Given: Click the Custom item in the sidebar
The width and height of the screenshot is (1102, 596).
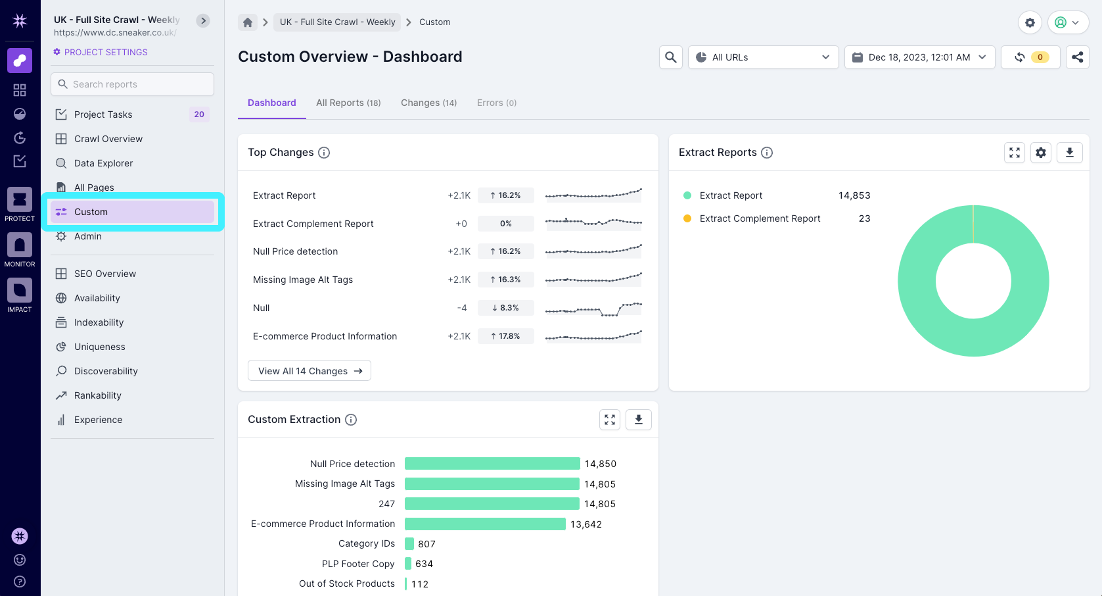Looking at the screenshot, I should point(132,212).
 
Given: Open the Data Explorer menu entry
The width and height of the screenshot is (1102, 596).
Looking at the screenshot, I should point(103,163).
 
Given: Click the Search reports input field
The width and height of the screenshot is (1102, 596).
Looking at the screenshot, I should point(132,84).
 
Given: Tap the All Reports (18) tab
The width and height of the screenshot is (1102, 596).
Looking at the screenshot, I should point(348,103).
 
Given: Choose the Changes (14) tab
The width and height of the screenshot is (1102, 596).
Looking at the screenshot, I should point(428,103).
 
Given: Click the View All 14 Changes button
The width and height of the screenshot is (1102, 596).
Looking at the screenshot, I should point(310,371).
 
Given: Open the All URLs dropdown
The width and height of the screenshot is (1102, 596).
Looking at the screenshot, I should point(763,57).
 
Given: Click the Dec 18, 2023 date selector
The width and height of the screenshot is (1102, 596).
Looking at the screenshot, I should point(919,57).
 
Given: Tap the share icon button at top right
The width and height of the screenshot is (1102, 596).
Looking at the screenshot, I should point(1077,57).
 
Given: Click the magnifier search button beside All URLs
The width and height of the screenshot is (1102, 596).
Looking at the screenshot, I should point(670,57).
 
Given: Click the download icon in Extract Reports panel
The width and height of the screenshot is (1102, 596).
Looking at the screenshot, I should point(1069,153).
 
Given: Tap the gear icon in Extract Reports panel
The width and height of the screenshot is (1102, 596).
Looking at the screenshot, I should point(1041,153).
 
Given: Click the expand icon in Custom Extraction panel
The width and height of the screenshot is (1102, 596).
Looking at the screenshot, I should point(610,420).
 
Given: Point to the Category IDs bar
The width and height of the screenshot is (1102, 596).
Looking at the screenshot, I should point(409,544).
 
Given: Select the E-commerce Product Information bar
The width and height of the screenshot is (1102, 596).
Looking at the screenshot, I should point(485,524).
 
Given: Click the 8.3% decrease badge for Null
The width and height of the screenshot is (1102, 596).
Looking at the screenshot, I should point(505,308).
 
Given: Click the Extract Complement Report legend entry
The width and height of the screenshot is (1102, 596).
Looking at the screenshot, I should point(760,218).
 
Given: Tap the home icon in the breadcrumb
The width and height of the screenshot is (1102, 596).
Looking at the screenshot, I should point(248,22).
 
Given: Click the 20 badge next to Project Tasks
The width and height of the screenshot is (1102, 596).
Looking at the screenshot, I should point(199,114).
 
